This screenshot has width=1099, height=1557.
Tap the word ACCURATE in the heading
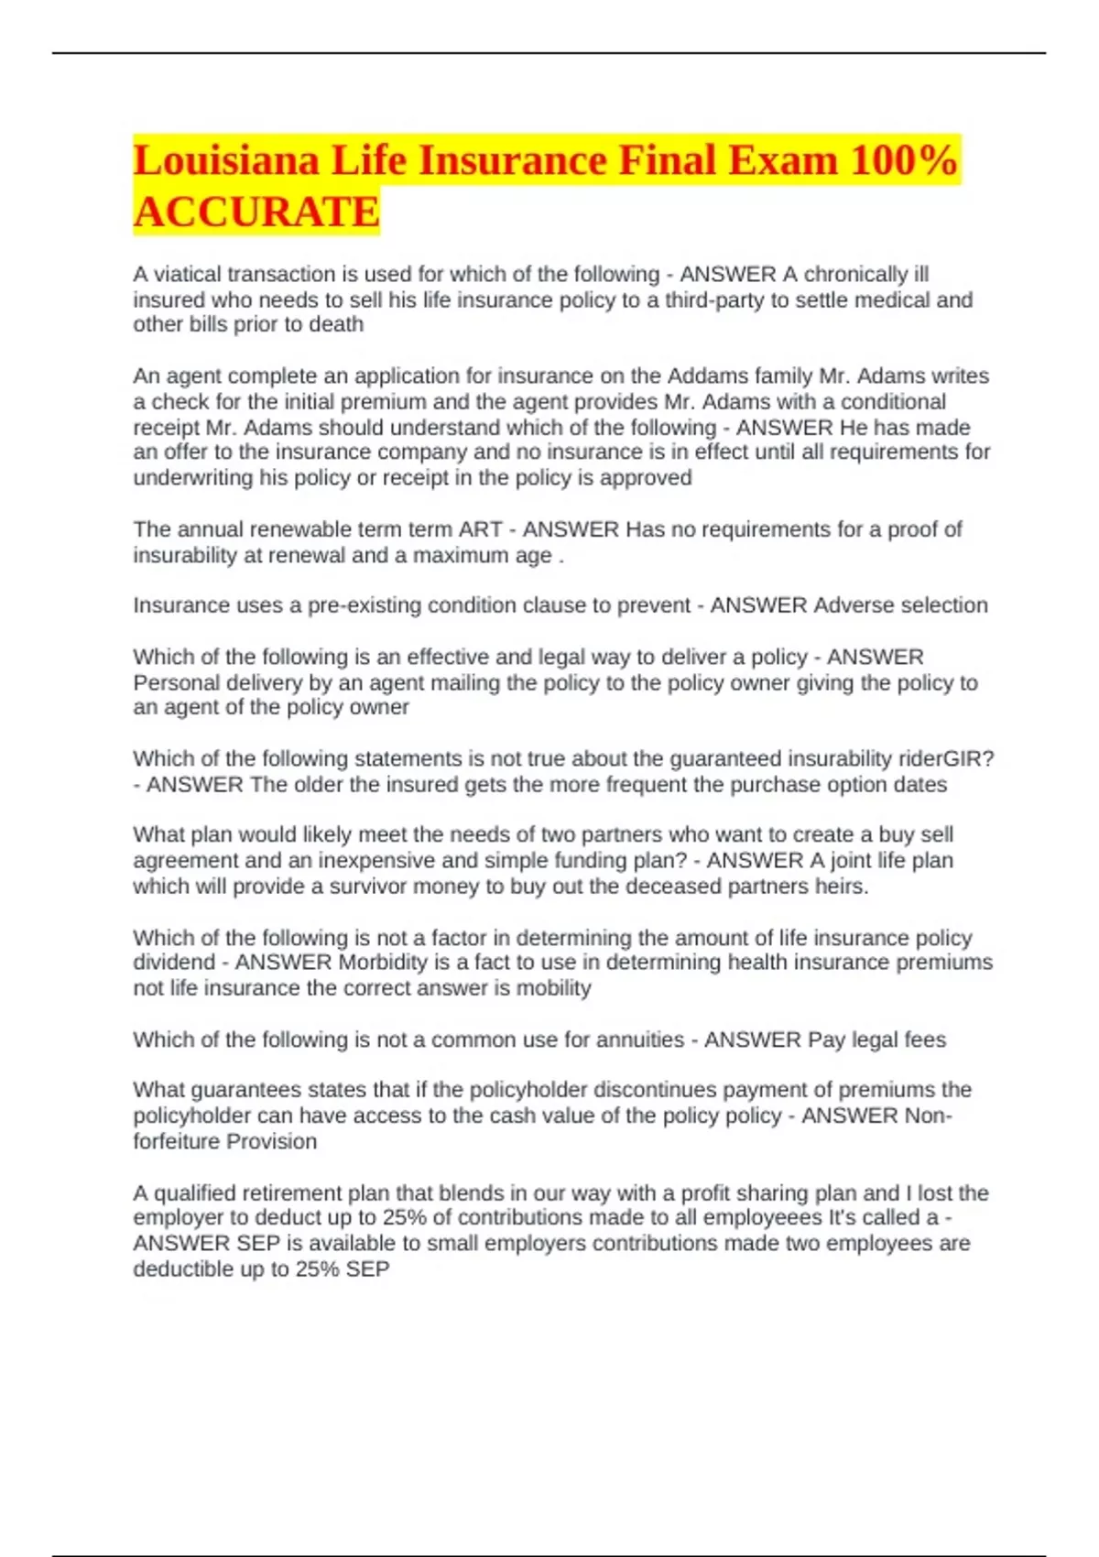click(256, 212)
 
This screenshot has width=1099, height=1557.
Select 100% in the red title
click(904, 161)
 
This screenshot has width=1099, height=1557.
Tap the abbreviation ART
click(480, 529)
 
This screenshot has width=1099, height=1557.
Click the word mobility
click(553, 988)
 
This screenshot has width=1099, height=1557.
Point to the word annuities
click(638, 1040)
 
